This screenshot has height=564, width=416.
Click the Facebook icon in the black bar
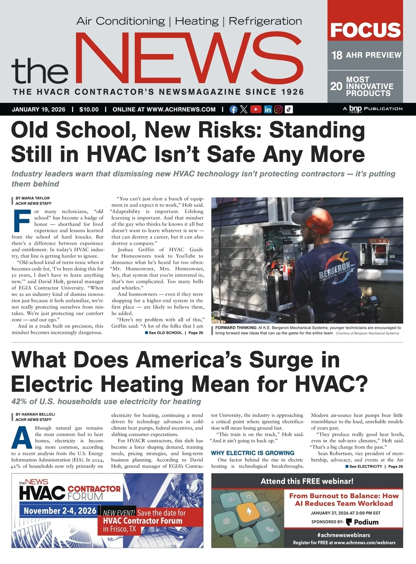(234, 109)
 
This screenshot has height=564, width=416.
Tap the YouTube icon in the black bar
(255, 109)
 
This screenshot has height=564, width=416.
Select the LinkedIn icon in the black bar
(268, 109)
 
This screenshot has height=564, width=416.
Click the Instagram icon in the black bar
(278, 109)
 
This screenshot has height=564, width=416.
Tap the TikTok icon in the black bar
(289, 109)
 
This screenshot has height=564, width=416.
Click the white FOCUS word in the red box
(365, 30)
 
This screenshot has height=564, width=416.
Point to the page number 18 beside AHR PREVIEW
(337, 55)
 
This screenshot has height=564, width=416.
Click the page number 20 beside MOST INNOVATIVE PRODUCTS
(336, 86)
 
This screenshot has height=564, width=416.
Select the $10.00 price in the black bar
(89, 109)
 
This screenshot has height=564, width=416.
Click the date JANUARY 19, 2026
(38, 109)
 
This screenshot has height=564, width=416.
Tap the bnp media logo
(355, 109)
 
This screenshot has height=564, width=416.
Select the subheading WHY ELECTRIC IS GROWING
(253, 453)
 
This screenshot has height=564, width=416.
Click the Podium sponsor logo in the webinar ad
(362, 522)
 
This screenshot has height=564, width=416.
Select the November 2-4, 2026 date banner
(60, 511)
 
